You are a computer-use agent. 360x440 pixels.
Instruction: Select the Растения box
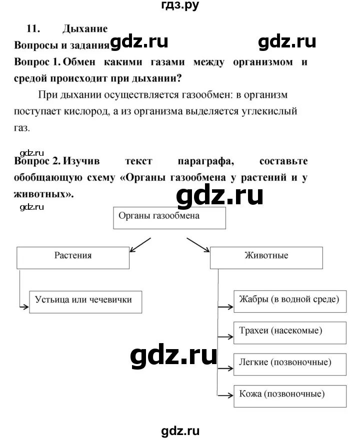pyautogui.click(x=73, y=257)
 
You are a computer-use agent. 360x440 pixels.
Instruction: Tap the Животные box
pyautogui.click(x=266, y=257)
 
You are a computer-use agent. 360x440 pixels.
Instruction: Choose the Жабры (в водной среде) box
pyautogui.click(x=289, y=301)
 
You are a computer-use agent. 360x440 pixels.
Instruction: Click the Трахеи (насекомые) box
pyautogui.click(x=289, y=332)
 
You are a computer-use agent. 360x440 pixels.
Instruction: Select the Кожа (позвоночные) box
pyautogui.click(x=289, y=395)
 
